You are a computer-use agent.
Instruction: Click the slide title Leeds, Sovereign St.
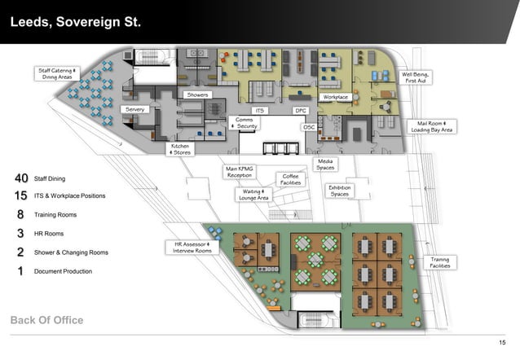click(x=76, y=22)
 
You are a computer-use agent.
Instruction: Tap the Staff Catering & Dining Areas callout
click(x=57, y=73)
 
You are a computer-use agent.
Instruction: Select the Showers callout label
click(x=198, y=95)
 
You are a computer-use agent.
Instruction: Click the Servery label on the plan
click(x=134, y=109)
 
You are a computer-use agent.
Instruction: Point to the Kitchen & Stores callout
click(x=180, y=149)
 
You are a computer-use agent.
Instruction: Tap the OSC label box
click(x=309, y=127)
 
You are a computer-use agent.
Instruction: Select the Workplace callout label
click(x=336, y=97)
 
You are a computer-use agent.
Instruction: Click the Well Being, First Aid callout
click(x=416, y=77)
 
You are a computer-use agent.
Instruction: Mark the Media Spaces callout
click(x=325, y=165)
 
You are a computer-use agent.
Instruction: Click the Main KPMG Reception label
click(x=240, y=172)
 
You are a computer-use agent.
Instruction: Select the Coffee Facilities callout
click(x=290, y=178)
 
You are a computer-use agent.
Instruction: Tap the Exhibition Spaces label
click(x=340, y=191)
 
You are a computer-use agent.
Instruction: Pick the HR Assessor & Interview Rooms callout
click(x=192, y=247)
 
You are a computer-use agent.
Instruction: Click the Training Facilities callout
click(x=440, y=263)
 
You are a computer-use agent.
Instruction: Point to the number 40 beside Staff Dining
click(x=21, y=178)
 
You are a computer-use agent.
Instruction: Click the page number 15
click(x=502, y=341)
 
